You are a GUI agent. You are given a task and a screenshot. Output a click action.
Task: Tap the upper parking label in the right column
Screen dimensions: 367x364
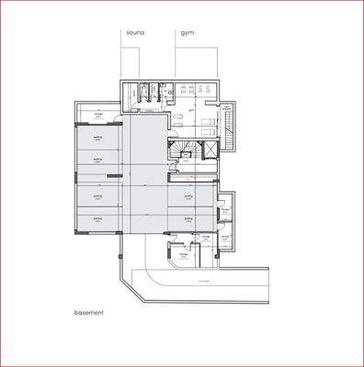(x=188, y=195)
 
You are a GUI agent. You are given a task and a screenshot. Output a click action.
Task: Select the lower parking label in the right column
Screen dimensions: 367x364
(x=188, y=219)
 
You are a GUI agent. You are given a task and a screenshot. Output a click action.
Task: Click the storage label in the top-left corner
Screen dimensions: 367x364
(x=85, y=115)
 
